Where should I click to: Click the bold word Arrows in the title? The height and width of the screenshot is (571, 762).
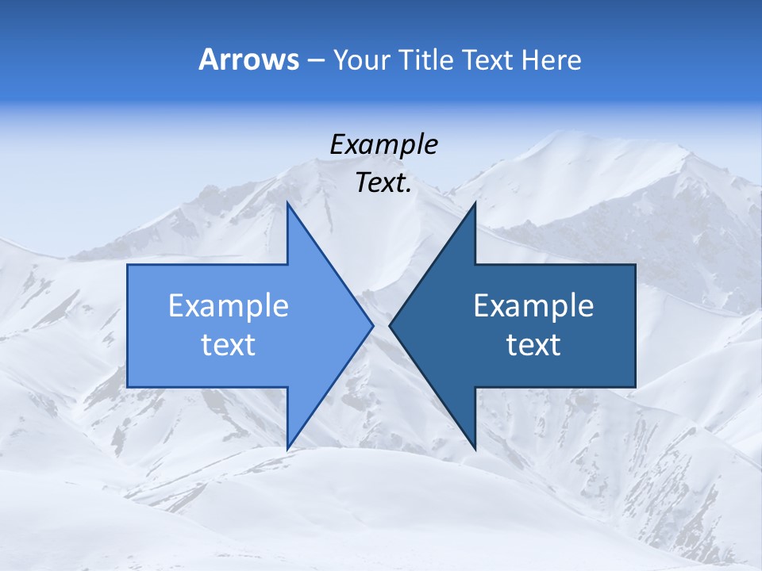[x=248, y=59]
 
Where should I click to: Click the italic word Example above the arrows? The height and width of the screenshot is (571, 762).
[x=383, y=144]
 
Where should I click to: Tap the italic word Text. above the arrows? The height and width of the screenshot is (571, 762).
[x=383, y=183]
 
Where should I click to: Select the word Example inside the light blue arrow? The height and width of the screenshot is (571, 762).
[x=228, y=305]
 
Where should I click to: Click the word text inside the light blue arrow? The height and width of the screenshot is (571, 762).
[x=228, y=344]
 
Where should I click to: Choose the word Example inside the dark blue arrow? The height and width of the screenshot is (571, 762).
[x=533, y=305]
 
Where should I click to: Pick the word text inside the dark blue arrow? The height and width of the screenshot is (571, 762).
[x=533, y=344]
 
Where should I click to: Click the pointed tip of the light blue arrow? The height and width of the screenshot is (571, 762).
[x=372, y=325]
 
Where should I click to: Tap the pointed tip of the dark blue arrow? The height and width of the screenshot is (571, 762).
[x=390, y=325]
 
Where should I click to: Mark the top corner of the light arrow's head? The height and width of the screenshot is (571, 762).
[x=287, y=203]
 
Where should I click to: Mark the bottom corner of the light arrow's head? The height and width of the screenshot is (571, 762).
[x=287, y=449]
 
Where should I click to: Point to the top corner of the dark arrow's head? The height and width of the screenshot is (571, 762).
[x=475, y=203]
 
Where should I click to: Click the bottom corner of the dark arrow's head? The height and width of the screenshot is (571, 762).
[x=475, y=449]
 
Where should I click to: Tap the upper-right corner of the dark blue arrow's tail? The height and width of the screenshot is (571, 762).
[x=635, y=265]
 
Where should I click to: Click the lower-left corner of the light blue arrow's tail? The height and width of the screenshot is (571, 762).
[x=128, y=387]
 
